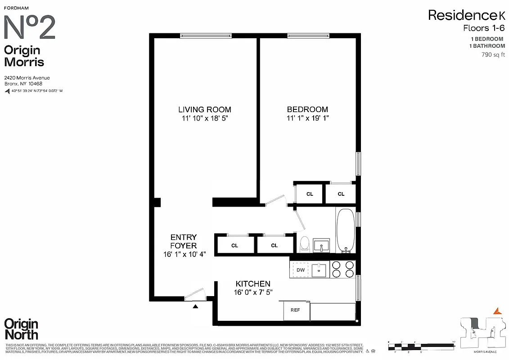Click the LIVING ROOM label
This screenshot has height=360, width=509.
(205, 109)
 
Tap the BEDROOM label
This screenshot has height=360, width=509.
(307, 109)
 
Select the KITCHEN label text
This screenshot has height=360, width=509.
(253, 284)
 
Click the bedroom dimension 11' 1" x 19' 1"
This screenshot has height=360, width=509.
(307, 118)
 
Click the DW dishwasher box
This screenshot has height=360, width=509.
(301, 270)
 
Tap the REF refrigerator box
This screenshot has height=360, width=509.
(295, 310)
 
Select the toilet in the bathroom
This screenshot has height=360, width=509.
(305, 243)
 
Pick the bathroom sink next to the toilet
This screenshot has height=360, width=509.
(321, 245)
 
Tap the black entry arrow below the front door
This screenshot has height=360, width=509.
(195, 306)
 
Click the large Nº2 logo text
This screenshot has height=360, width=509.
(30, 28)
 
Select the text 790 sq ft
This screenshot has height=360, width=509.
(493, 55)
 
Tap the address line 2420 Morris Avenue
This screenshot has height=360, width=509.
(27, 78)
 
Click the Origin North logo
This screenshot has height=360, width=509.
(21, 329)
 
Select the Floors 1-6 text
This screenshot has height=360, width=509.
(484, 28)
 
